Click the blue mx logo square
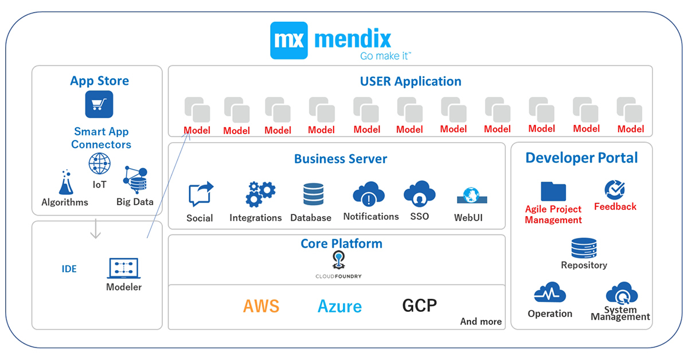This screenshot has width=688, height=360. (289, 40)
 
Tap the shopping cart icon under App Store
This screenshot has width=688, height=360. (99, 104)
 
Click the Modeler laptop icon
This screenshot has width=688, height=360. (124, 268)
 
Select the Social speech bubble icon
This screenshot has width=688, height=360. (200, 194)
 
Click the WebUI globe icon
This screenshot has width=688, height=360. (471, 196)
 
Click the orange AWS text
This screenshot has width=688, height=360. (261, 306)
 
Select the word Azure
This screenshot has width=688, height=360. (339, 306)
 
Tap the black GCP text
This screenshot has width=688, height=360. (419, 305)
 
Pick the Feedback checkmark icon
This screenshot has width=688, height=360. (615, 190)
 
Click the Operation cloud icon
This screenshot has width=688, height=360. (550, 294)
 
